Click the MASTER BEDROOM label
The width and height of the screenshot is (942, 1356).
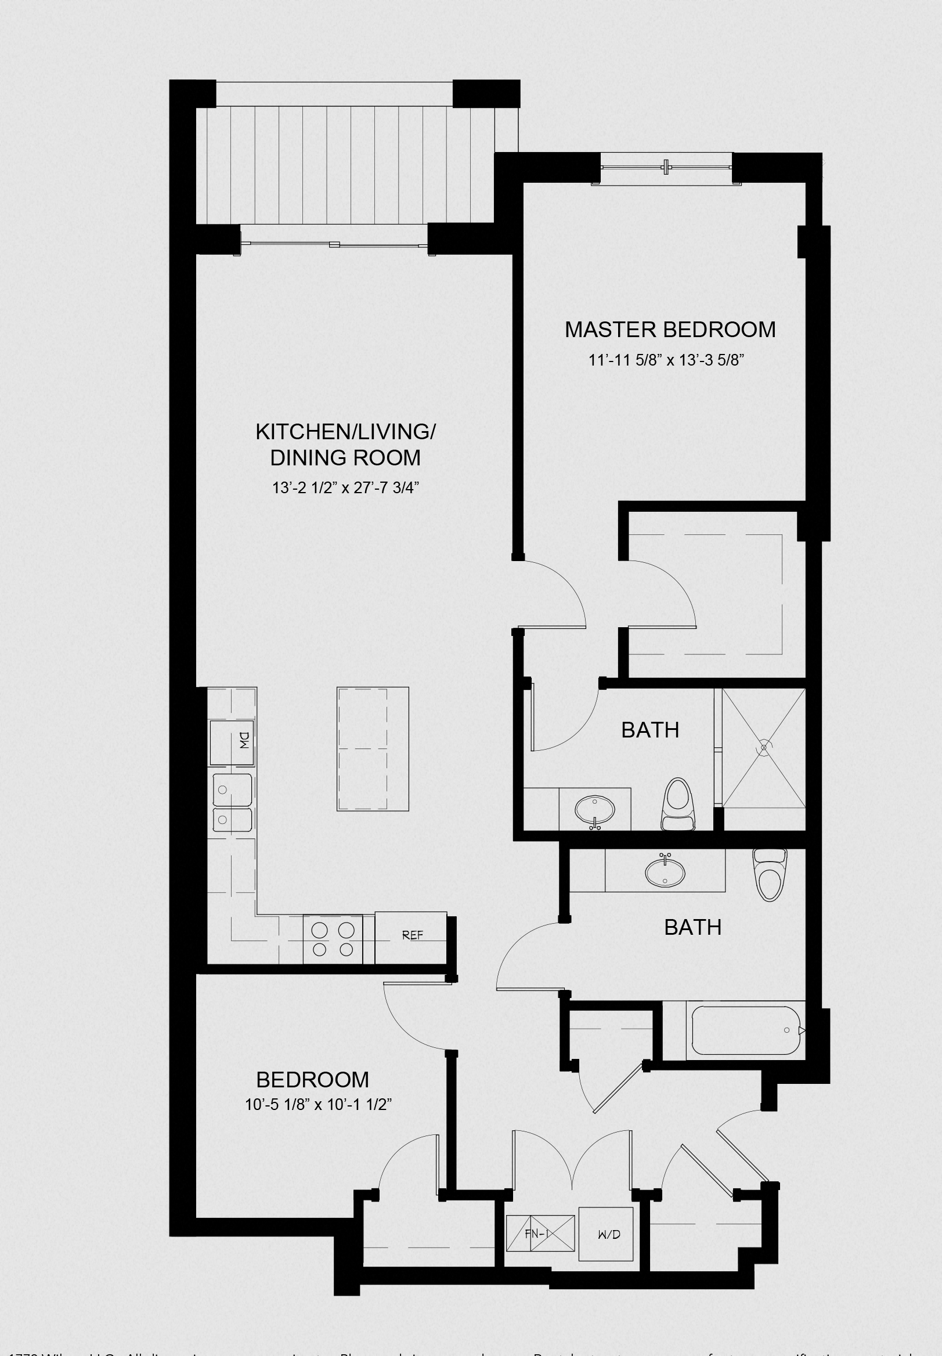tap(670, 330)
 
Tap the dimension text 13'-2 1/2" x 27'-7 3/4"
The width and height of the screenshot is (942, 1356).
tap(345, 488)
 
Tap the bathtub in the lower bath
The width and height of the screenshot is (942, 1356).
tap(746, 1030)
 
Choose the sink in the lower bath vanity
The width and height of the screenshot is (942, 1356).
tap(665, 872)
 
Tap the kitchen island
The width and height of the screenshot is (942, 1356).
tap(373, 749)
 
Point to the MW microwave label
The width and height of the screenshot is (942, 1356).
tap(244, 740)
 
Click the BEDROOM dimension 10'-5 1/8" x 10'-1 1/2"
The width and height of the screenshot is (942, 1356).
tap(319, 1105)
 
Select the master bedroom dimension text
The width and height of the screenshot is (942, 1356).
tap(665, 360)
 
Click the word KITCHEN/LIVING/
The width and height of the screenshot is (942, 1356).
tap(345, 432)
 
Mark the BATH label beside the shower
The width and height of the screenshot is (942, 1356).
tap(650, 731)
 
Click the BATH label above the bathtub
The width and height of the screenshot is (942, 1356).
tap(692, 928)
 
